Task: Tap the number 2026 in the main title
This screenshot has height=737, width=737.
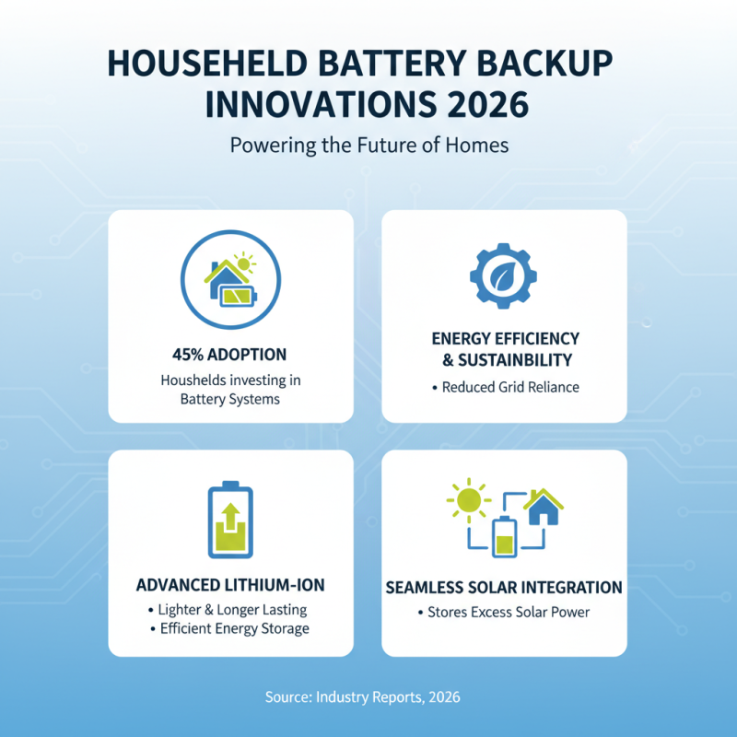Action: click(x=483, y=104)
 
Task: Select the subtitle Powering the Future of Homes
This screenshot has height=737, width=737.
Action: click(x=368, y=146)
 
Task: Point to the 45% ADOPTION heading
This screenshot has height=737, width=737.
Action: click(x=229, y=355)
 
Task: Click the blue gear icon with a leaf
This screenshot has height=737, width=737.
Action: click(x=502, y=274)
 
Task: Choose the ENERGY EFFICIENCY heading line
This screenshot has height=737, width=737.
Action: click(x=505, y=338)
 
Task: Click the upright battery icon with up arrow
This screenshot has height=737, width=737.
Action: click(x=229, y=520)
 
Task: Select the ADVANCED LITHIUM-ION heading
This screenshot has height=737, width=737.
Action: click(x=229, y=586)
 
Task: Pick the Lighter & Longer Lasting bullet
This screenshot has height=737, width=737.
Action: click(x=229, y=610)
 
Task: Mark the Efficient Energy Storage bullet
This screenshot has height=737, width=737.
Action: click(x=229, y=629)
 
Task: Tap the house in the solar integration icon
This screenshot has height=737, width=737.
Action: click(x=544, y=507)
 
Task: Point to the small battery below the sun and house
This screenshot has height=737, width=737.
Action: click(x=504, y=537)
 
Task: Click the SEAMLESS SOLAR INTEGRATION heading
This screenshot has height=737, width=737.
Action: click(x=504, y=588)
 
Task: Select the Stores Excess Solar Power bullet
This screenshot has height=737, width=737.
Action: click(x=504, y=613)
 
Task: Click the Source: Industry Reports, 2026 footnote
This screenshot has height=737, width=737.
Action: click(x=368, y=697)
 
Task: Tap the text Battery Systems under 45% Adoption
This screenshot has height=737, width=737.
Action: click(x=229, y=398)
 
